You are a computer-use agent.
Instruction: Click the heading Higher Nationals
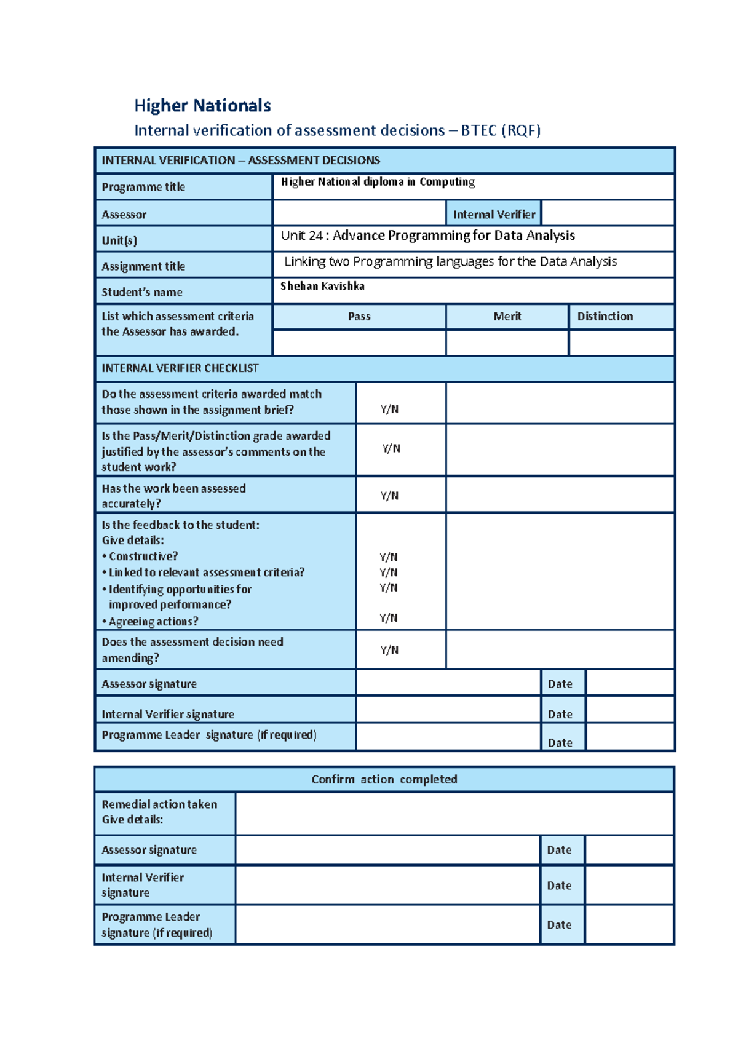tap(202, 106)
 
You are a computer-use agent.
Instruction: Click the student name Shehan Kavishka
tap(322, 286)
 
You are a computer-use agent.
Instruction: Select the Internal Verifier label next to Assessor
tap(494, 215)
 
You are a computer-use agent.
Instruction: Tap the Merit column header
tap(507, 316)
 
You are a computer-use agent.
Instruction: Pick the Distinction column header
tap(605, 316)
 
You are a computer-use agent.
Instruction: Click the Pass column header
tap(359, 316)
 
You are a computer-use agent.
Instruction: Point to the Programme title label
tap(143, 187)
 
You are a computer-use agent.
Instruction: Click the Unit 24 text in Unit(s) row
tap(427, 236)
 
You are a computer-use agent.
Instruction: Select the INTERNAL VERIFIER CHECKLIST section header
tap(180, 368)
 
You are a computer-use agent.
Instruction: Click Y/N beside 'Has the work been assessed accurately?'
tap(389, 496)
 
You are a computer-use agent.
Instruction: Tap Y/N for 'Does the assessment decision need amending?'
tap(389, 650)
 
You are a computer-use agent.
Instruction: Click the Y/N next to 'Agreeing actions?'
tap(388, 618)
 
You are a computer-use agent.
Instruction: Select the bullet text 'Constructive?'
tap(143, 556)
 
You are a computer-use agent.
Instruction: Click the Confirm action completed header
tap(384, 779)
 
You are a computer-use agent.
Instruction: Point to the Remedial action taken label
tap(159, 804)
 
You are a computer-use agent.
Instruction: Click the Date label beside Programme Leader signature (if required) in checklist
tap(560, 742)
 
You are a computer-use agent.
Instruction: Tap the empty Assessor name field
tap(359, 213)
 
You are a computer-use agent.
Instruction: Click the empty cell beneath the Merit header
tap(507, 343)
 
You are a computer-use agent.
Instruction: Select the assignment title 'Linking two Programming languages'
tap(450, 261)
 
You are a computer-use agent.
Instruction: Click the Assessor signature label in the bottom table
tap(149, 850)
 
